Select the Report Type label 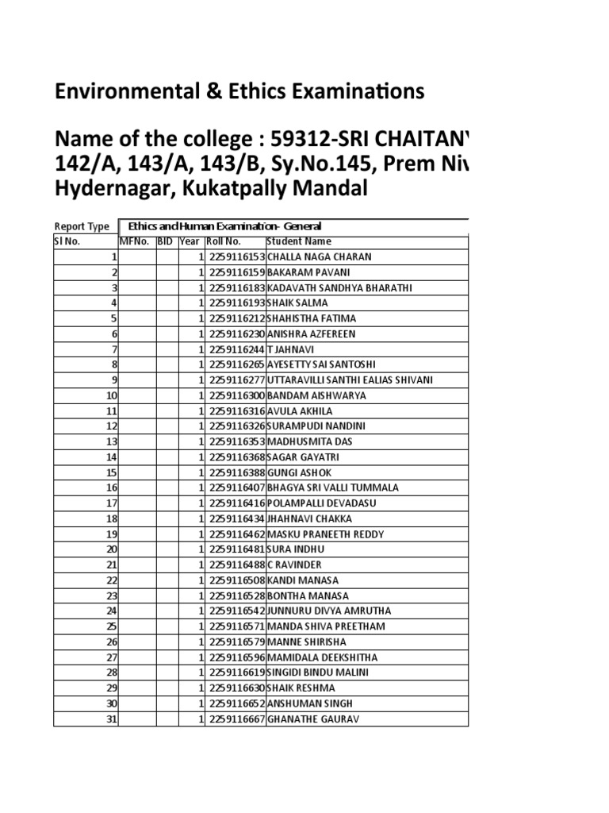[82, 226]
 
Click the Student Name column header [299, 241]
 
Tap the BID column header [165, 241]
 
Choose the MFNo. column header [134, 241]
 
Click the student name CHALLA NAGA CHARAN [320, 257]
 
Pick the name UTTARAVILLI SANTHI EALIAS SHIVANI [350, 380]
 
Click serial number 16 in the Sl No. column [111, 487]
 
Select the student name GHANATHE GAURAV [313, 719]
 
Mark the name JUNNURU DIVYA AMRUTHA [329, 611]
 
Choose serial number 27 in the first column [111, 657]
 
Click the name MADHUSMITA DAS [309, 441]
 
